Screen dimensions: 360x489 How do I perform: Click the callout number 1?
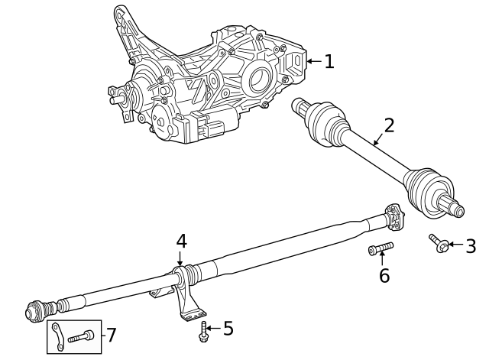tap(329, 61)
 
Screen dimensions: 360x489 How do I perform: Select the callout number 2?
tap(389, 125)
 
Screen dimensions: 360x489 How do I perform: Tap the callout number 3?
tap(471, 245)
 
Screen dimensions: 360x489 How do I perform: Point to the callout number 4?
tap(181, 242)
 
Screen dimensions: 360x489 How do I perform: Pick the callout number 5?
tap(228, 329)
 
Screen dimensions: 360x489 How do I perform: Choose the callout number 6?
tap(384, 275)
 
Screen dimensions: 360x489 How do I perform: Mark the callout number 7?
tap(111, 335)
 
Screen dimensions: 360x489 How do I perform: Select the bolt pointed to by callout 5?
tap(203, 330)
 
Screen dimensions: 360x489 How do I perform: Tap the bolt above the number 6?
tap(381, 248)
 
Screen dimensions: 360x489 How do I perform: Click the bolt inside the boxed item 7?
tap(81, 336)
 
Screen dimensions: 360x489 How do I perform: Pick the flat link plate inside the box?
tap(58, 337)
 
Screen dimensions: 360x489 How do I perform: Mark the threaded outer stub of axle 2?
tap(452, 206)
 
